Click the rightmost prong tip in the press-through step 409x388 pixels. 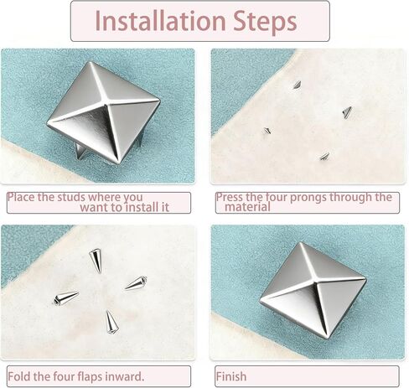[x=347, y=112]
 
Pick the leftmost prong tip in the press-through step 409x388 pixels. [x=267, y=131]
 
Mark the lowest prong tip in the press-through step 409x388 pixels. [x=324, y=156]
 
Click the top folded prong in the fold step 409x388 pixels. [x=96, y=260]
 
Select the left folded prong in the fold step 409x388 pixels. [x=65, y=298]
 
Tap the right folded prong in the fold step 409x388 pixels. [x=136, y=283]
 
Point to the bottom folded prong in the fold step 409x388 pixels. [x=111, y=321]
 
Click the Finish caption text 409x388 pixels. [x=231, y=376]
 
